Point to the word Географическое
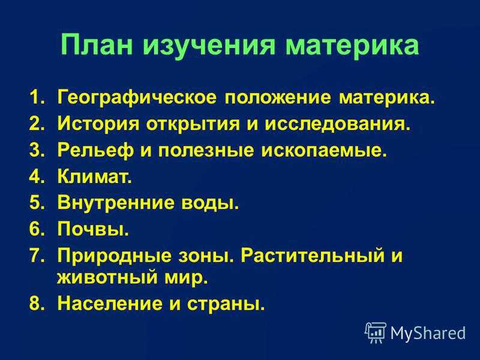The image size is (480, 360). click(137, 98)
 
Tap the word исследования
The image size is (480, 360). click(337, 124)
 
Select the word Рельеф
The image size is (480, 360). click(96, 151)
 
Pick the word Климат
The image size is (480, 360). click(95, 176)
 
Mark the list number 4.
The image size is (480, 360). click(38, 176)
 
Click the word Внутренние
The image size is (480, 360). click(116, 203)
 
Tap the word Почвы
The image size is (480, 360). click(93, 229)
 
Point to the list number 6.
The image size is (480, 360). click(38, 229)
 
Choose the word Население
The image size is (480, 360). click(110, 304)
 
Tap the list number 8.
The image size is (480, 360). click(38, 304)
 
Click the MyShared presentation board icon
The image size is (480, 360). click(376, 332)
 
